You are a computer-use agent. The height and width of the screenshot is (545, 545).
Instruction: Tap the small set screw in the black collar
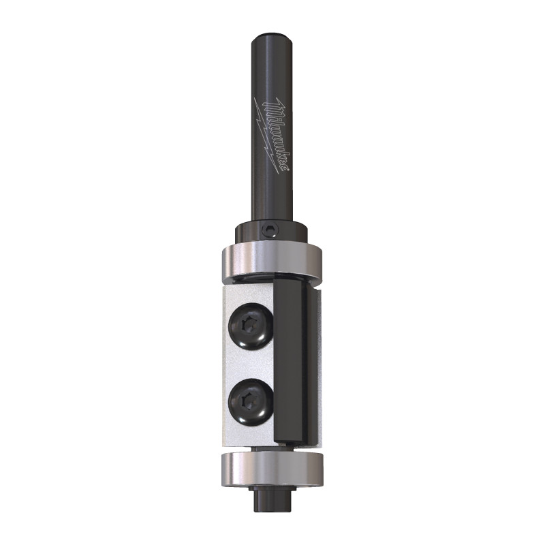click(x=272, y=230)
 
